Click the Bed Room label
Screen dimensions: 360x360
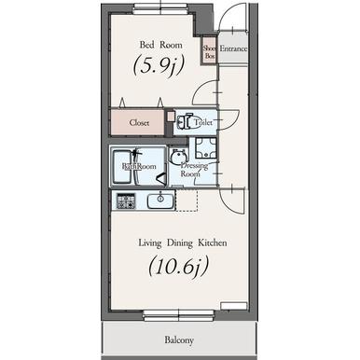pos(160,45)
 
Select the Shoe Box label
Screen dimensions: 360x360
pos(210,52)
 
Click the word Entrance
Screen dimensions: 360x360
pos(233,48)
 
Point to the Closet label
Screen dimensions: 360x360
pos(139,123)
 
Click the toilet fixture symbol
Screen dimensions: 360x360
pos(185,121)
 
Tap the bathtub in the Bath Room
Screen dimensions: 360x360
pos(122,167)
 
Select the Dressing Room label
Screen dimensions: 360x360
pos(194,170)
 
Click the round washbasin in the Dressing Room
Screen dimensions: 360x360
pos(178,155)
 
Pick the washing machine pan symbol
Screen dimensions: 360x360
pos(206,148)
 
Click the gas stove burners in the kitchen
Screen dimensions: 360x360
pos(126,201)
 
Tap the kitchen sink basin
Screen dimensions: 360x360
pos(160,201)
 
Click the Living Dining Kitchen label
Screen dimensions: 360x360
pos(183,242)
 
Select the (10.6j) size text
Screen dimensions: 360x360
pos(178,267)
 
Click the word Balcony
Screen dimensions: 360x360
pos(179,339)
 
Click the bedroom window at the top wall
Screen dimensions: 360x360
pos(160,8)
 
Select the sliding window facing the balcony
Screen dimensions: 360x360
pos(179,315)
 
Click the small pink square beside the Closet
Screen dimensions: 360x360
pos(171,116)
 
